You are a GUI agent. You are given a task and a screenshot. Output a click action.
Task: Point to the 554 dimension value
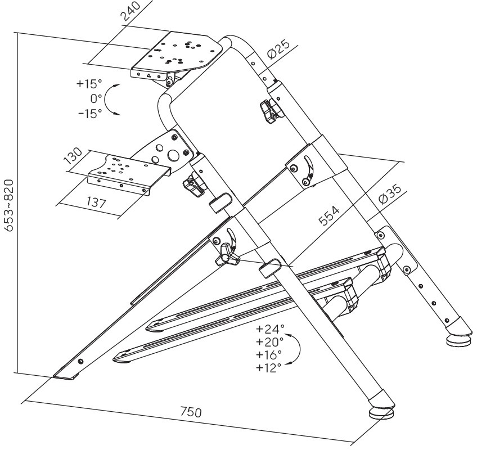(330, 214)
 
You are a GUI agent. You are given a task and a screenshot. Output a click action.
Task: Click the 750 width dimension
(191, 412)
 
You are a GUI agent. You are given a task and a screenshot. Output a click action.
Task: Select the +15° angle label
(89, 85)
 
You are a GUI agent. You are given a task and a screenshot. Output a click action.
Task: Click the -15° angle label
(89, 113)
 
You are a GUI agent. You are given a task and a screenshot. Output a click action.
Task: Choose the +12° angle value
(269, 368)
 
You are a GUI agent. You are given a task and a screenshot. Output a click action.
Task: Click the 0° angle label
(96, 99)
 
